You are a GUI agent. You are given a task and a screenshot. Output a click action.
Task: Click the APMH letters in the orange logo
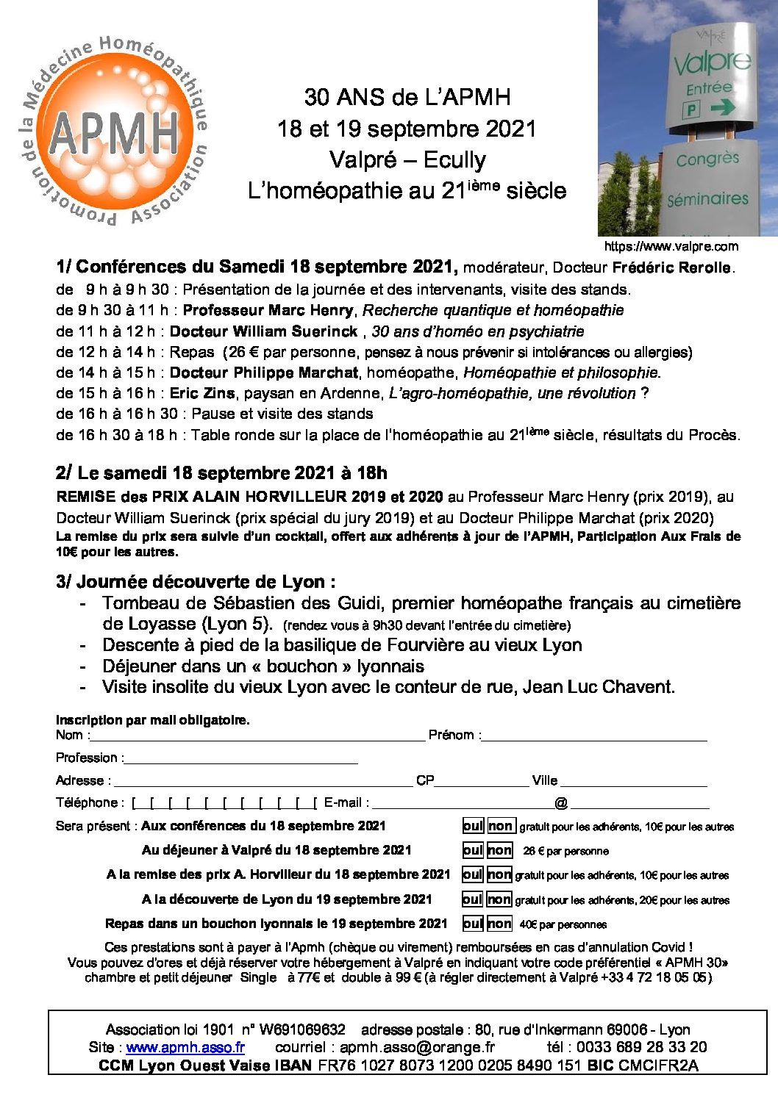(114, 132)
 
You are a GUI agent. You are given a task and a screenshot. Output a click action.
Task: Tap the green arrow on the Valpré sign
(723, 108)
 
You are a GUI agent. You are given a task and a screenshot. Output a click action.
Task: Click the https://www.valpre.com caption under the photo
(671, 246)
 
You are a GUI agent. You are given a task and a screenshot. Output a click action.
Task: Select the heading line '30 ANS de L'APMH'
(407, 97)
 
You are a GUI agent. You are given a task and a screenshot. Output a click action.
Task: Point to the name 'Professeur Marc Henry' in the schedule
(268, 310)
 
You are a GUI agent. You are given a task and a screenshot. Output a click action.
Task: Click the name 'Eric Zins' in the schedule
(202, 393)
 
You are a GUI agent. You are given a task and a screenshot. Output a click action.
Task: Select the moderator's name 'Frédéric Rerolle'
(672, 267)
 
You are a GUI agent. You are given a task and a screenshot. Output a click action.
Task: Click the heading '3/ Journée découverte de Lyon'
(196, 582)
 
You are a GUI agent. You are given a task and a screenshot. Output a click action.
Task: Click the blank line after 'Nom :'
(257, 736)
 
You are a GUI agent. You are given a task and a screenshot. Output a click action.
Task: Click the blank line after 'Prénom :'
(594, 736)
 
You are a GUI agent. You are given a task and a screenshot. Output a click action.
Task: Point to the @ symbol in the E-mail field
(561, 803)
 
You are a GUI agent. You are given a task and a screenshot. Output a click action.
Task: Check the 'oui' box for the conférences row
(473, 826)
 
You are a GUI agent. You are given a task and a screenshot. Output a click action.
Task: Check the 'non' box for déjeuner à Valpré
(499, 850)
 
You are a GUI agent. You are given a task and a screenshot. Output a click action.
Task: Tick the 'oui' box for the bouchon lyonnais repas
(473, 924)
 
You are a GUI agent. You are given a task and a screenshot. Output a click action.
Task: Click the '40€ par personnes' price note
(563, 924)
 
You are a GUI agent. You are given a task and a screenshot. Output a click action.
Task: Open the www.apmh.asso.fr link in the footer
(185, 1048)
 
